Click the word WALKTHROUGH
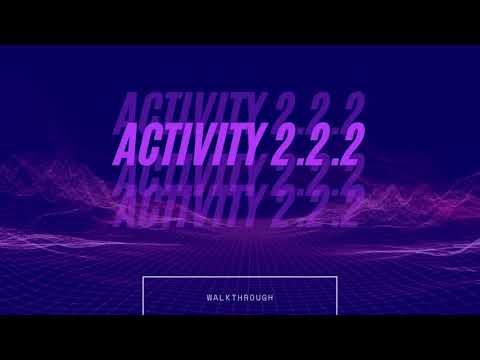(x=239, y=298)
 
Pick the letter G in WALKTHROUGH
(x=265, y=298)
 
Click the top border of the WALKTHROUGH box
(x=240, y=277)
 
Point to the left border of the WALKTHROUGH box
(x=144, y=296)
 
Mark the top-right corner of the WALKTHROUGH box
(x=336, y=277)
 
